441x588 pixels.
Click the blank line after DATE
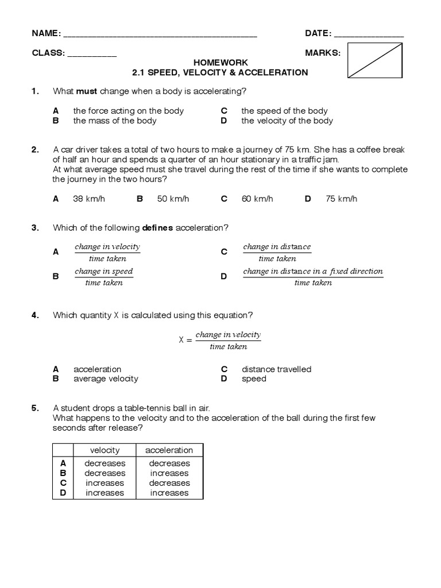(x=368, y=36)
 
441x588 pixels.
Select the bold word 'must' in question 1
(x=87, y=91)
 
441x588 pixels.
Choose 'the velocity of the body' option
(x=287, y=121)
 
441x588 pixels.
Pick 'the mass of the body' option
(x=114, y=121)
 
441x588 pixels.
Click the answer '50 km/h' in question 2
(x=173, y=199)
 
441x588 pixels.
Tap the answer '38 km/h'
(x=89, y=199)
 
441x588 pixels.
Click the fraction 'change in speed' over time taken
(x=104, y=276)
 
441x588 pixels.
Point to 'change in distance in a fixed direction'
(x=313, y=271)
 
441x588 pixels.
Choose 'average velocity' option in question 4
(x=106, y=378)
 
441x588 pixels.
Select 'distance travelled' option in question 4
(x=276, y=369)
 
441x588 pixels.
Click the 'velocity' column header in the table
(x=105, y=450)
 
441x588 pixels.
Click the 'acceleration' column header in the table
(x=169, y=450)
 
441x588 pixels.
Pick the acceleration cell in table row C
(x=169, y=483)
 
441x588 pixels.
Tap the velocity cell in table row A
(x=105, y=463)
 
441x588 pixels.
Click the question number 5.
(x=36, y=408)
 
